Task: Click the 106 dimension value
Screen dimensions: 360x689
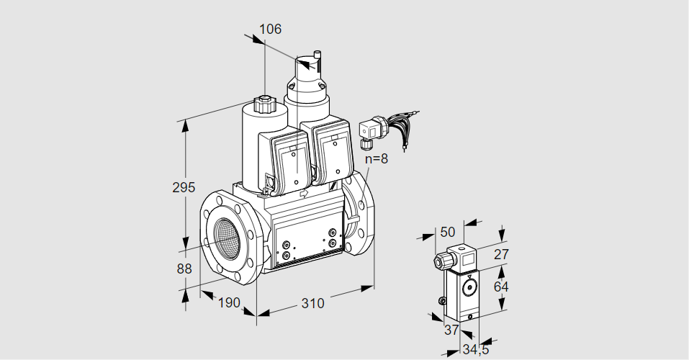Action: pos(270,30)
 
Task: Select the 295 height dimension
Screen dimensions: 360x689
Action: pos(184,187)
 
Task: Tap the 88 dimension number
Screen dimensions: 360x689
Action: pos(184,269)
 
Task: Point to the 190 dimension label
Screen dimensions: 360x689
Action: pos(228,302)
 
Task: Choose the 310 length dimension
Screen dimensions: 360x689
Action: pos(312,303)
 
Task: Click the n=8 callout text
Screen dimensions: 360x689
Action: pos(376,159)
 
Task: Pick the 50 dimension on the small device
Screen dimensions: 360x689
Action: pos(447,231)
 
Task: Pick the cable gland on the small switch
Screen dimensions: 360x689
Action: pos(438,261)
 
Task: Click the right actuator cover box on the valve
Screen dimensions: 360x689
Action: pos(331,155)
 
